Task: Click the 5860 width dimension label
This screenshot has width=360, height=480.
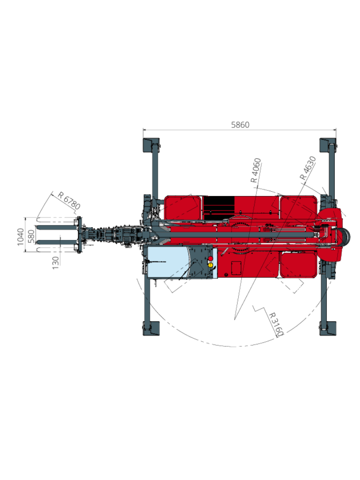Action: [240, 125]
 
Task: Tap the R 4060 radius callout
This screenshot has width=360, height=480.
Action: [256, 171]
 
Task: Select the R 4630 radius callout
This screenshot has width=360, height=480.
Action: [307, 168]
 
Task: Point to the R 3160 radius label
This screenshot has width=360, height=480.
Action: [276, 324]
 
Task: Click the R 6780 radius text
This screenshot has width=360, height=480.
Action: [69, 201]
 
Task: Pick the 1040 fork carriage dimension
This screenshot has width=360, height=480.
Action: [21, 237]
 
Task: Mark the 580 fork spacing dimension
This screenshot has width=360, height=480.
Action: [31, 236]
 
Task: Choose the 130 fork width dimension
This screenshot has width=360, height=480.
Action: [55, 263]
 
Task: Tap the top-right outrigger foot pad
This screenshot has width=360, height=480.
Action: [328, 145]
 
